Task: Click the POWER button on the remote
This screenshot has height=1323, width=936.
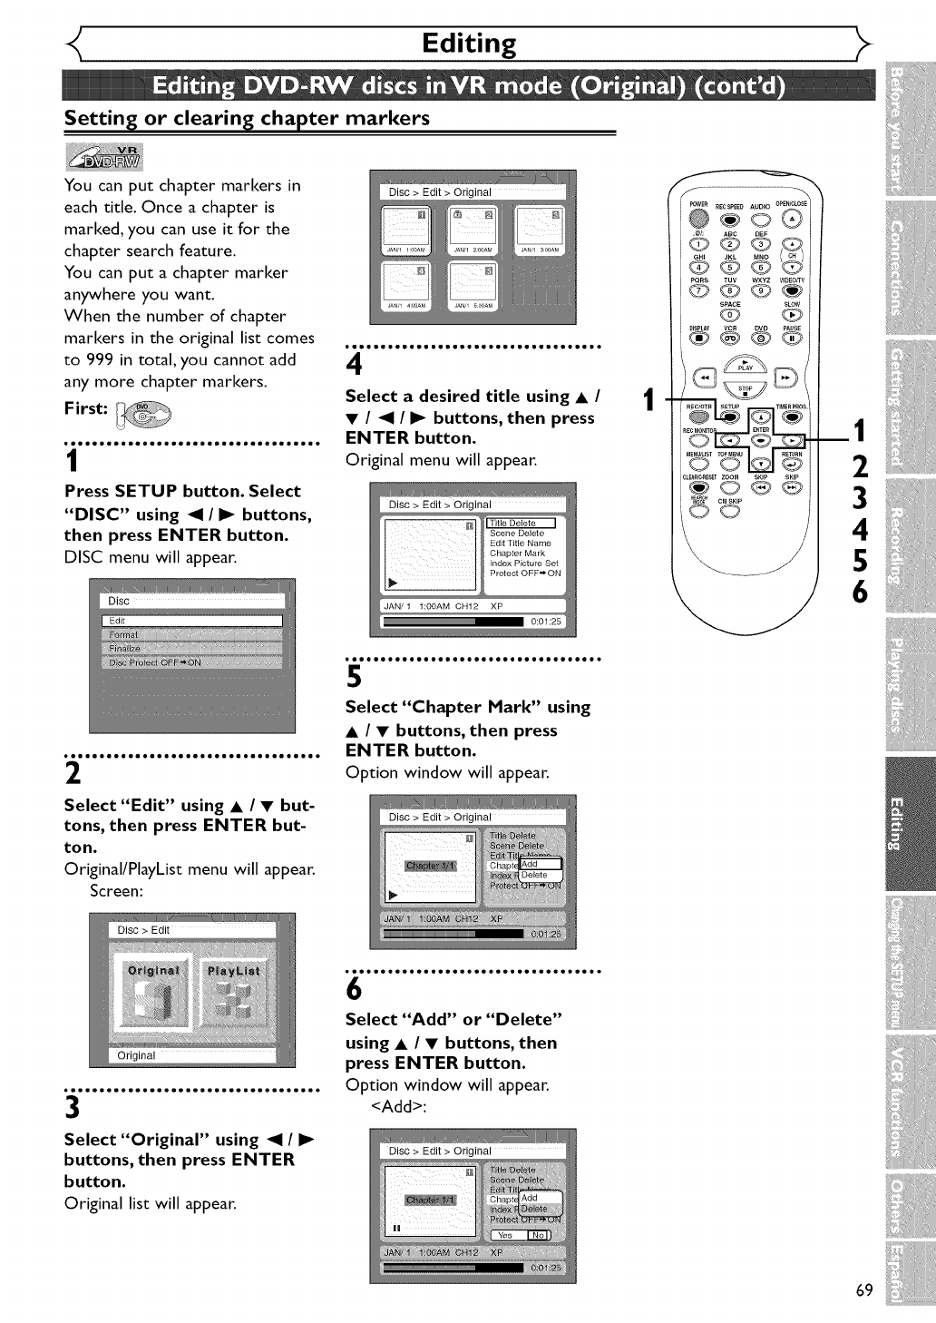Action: (698, 219)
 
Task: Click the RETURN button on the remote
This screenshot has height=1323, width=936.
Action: (792, 463)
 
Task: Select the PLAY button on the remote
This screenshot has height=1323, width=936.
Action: (746, 363)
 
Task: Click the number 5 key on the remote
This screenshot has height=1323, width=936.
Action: (730, 266)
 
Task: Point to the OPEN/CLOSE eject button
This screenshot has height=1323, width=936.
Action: (793, 219)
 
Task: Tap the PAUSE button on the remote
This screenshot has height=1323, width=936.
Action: (793, 339)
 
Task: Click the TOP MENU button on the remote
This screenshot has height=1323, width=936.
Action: (730, 463)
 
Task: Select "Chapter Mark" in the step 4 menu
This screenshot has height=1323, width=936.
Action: (518, 553)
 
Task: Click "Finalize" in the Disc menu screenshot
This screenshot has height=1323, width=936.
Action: (125, 648)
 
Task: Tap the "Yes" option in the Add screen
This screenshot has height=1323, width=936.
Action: (505, 1235)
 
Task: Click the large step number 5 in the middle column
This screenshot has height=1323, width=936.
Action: (355, 676)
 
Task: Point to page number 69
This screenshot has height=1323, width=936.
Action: (863, 1290)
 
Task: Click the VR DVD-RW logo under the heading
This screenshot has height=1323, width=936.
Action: (104, 156)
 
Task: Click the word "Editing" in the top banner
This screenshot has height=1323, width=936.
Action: (469, 43)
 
